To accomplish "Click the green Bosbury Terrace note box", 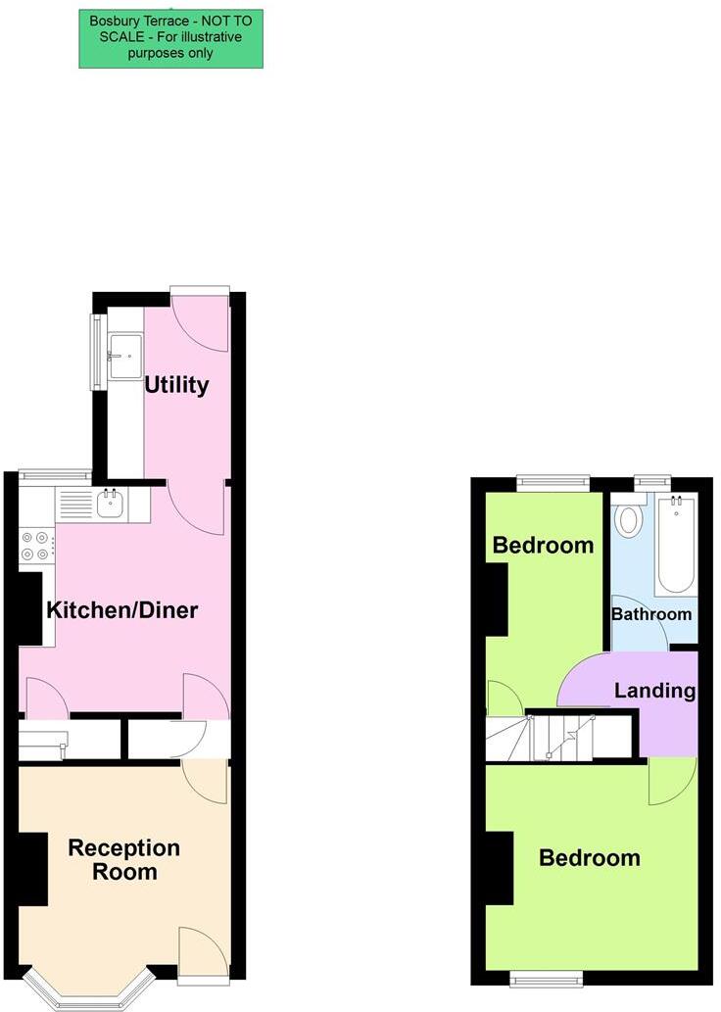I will pyautogui.click(x=170, y=39).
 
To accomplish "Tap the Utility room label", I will pyautogui.click(x=176, y=385).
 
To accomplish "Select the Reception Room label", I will pyautogui.click(x=123, y=859).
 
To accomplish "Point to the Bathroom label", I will pyautogui.click(x=651, y=614).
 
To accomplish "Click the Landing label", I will pyautogui.click(x=654, y=691).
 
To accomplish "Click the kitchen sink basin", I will pyautogui.click(x=109, y=506).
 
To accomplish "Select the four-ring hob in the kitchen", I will pyautogui.click(x=36, y=546).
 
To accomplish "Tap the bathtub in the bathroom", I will pyautogui.click(x=676, y=545).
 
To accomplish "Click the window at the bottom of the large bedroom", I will pyautogui.click(x=547, y=977).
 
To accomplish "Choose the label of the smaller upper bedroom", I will pyautogui.click(x=543, y=546).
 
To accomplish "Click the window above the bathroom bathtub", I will pyautogui.click(x=651, y=481).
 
